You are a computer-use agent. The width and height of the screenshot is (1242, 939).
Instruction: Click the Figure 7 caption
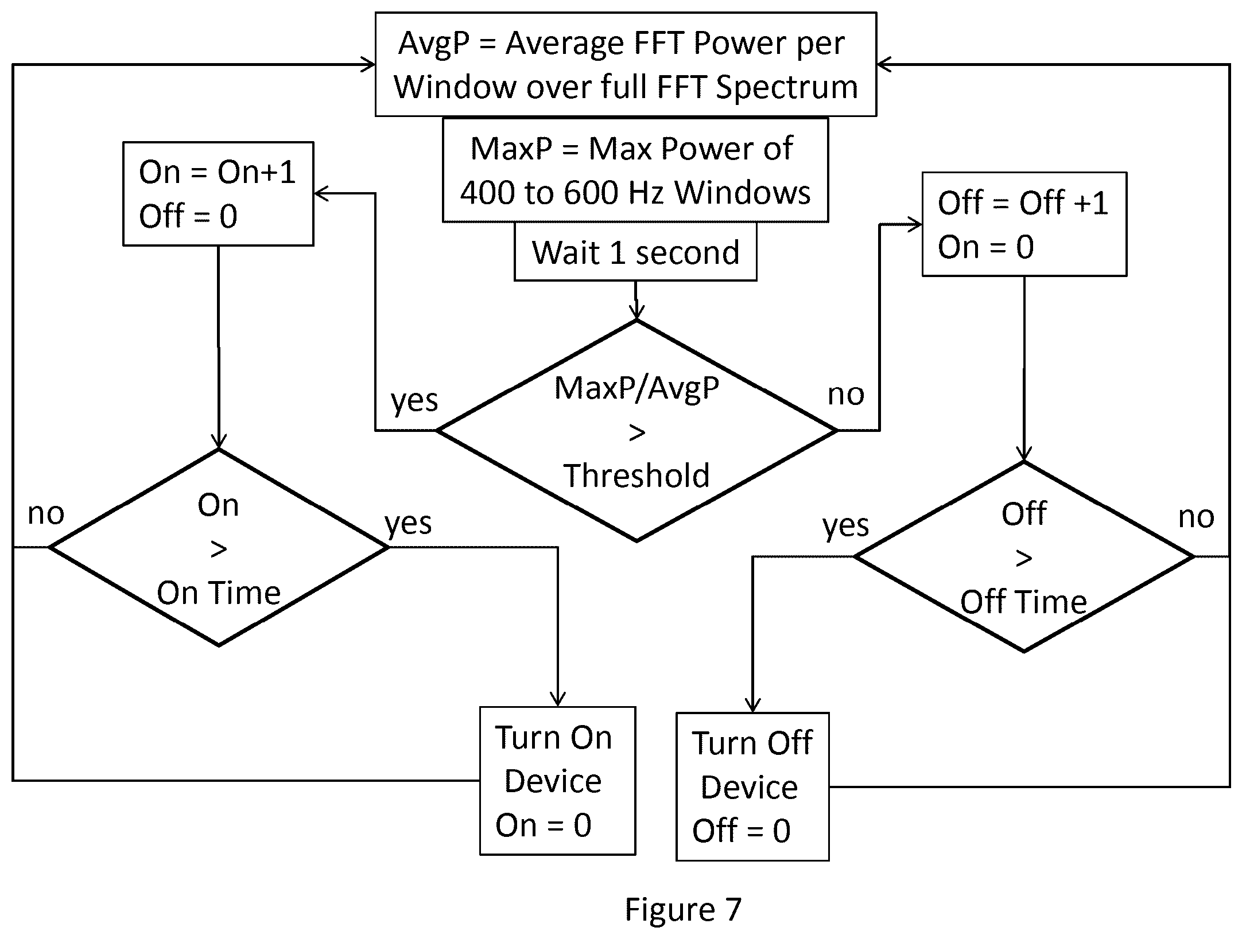coord(683,910)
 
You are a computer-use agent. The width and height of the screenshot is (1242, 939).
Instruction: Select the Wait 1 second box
coord(635,252)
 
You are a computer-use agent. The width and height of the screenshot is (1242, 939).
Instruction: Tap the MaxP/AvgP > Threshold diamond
coord(636,430)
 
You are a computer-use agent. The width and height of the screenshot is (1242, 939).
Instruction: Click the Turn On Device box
coord(558,781)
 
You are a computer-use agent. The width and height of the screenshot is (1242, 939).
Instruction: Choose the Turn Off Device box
coord(752,786)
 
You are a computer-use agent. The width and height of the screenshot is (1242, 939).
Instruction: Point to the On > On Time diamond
coord(219,548)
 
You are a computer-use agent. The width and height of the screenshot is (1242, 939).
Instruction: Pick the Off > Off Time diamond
coord(1024,556)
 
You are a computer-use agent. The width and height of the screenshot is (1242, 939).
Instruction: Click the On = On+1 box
coord(218,194)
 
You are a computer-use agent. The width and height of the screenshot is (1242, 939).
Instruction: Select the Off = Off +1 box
coord(1024,224)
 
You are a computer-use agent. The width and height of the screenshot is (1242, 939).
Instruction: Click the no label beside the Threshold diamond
coord(846,395)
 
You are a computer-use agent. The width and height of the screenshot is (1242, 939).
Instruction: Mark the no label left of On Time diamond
coord(46,514)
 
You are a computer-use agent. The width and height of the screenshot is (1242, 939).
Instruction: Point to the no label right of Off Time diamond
coord(1197,517)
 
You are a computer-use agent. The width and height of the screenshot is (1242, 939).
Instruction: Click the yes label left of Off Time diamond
coord(846,525)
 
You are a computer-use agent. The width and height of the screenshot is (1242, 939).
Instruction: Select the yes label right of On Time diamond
coord(408,523)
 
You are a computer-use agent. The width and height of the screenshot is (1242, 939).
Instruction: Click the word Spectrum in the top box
coord(787,88)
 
